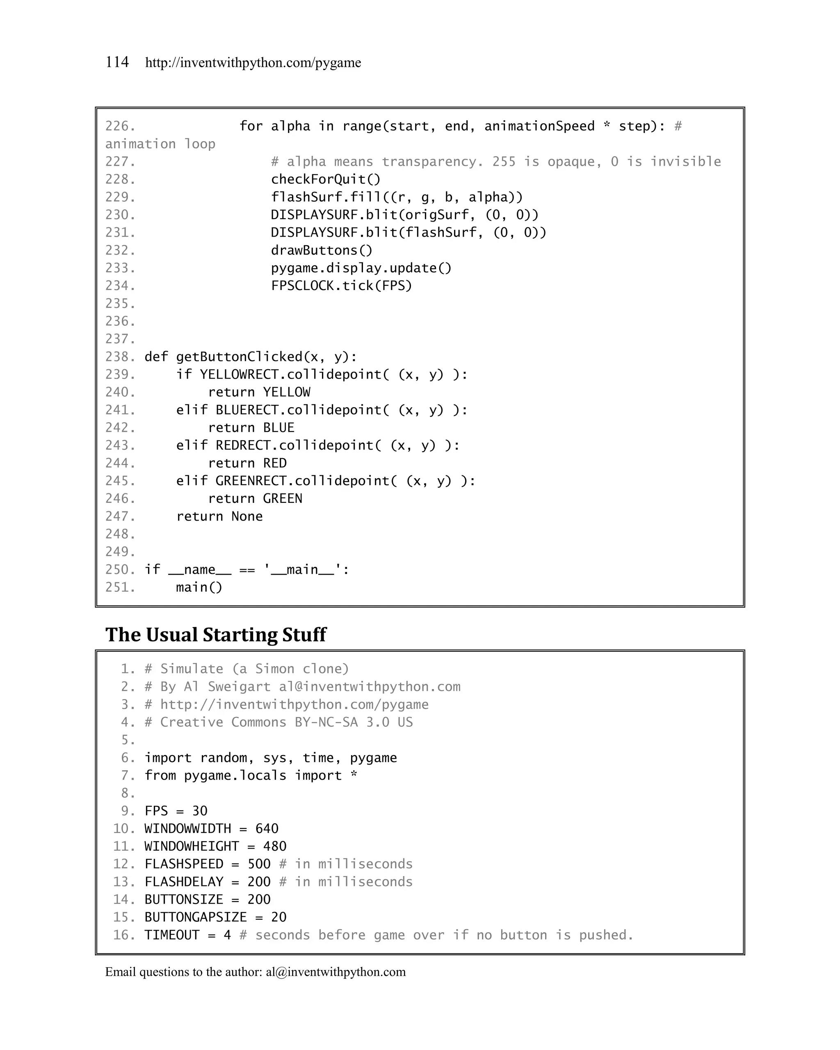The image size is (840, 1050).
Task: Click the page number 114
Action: (x=117, y=62)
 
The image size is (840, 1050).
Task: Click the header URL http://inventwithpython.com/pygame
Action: (x=253, y=63)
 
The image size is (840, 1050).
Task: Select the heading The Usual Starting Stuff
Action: (x=216, y=635)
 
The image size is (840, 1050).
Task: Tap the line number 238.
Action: (x=120, y=357)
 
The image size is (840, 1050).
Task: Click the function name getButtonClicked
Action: (x=239, y=357)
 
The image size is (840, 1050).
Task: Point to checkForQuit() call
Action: (x=325, y=180)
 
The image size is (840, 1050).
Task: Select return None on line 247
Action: (x=219, y=516)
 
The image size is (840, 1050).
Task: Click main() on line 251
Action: (x=199, y=587)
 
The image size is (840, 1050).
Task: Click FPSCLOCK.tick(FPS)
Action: (x=341, y=286)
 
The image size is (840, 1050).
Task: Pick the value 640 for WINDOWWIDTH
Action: (x=267, y=829)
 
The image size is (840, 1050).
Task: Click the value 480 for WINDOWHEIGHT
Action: (x=275, y=847)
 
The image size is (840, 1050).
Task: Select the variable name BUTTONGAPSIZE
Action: (x=196, y=917)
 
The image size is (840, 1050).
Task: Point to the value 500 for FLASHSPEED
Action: (x=259, y=864)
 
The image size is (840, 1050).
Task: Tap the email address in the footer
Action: (x=336, y=972)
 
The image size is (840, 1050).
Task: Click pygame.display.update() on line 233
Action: (x=361, y=268)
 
